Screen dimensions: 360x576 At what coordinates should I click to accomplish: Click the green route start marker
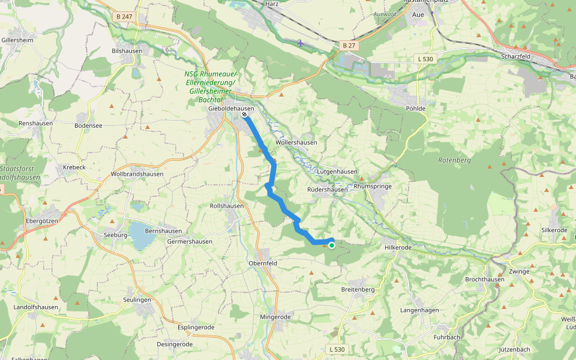pyautogui.click(x=331, y=245)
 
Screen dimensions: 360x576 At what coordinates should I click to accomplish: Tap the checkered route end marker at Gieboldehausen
pyautogui.click(x=245, y=114)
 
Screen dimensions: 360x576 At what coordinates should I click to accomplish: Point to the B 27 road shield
pyautogui.click(x=349, y=46)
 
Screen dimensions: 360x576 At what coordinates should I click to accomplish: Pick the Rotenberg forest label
pyautogui.click(x=454, y=161)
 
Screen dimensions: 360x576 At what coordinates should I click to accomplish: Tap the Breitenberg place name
pyautogui.click(x=358, y=289)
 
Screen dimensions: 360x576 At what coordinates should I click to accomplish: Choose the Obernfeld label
pyautogui.click(x=263, y=263)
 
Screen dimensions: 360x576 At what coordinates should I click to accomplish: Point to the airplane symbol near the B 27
pyautogui.click(x=301, y=43)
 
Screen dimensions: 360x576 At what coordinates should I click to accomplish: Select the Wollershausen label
pyautogui.click(x=296, y=142)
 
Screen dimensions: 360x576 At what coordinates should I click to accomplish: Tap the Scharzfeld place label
pyautogui.click(x=517, y=56)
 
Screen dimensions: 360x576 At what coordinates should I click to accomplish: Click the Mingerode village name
pyautogui.click(x=275, y=317)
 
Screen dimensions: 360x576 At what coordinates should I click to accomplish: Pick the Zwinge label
pyautogui.click(x=519, y=271)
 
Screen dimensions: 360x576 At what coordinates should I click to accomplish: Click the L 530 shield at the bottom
pyautogui.click(x=337, y=349)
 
